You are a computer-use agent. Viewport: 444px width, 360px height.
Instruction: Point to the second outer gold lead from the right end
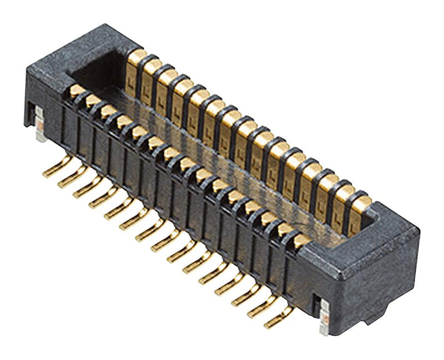pyautogui.click(x=262, y=307)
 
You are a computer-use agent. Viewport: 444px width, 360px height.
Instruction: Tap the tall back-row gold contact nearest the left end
pyautogui.click(x=135, y=75)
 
